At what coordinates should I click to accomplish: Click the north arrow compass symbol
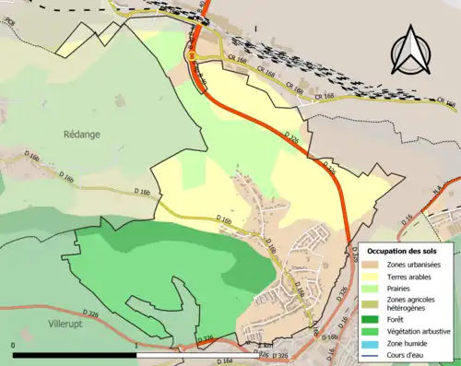coord(410,51)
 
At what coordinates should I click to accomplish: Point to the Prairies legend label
coord(398,288)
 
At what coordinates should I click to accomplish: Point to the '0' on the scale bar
coord(13,346)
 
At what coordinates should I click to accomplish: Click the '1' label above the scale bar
coord(136,346)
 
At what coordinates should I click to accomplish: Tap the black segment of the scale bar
coord(74,354)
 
